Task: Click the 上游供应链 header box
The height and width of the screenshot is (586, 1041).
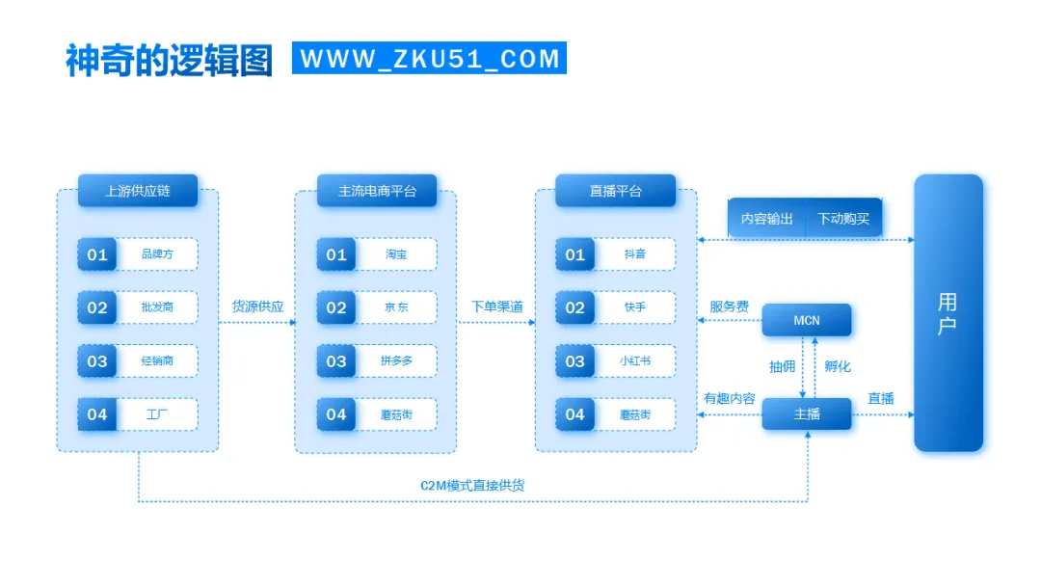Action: coord(138,191)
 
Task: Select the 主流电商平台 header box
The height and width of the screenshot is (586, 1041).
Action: coord(377,191)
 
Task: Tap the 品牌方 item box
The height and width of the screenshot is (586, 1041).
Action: coord(157,254)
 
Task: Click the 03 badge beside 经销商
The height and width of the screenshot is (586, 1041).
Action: coord(97,361)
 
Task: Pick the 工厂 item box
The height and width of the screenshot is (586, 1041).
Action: coord(157,414)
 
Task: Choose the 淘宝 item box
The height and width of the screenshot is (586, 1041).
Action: coord(396,254)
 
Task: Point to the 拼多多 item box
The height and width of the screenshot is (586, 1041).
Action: coord(396,361)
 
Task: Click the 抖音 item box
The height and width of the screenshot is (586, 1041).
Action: coord(634,254)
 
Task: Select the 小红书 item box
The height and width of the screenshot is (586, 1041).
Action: coord(634,361)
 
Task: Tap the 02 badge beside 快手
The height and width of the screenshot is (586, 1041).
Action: coord(575,308)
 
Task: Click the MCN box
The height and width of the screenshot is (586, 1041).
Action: coord(807,320)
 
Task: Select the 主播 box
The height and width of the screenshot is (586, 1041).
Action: coord(807,414)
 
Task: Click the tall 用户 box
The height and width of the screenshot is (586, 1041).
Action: coord(948,313)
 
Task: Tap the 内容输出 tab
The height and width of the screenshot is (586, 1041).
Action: coord(767,219)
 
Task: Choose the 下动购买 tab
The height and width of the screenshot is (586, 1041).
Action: coord(843,219)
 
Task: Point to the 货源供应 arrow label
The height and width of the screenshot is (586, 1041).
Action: coord(257,306)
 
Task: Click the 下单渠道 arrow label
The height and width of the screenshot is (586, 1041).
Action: coord(496,306)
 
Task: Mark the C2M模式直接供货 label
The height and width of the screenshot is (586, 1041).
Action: coord(472,485)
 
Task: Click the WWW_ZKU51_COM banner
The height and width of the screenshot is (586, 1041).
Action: coord(429,58)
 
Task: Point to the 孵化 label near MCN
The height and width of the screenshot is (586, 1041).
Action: coord(838,366)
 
